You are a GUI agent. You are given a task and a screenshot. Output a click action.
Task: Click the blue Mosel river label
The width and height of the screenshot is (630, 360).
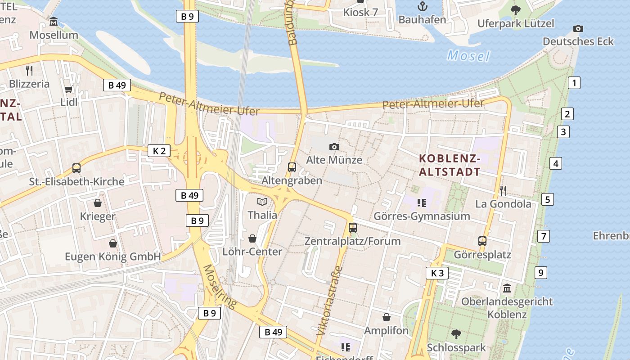[x=468, y=56]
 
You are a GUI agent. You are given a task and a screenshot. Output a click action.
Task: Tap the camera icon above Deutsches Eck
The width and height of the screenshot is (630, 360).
[x=578, y=28]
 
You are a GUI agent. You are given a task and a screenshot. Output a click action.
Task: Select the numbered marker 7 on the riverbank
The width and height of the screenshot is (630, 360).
[x=544, y=236]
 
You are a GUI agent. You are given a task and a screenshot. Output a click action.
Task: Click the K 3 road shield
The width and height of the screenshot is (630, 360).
[x=437, y=273]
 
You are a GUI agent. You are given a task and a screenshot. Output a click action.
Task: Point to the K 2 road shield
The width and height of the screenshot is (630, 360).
[x=159, y=151]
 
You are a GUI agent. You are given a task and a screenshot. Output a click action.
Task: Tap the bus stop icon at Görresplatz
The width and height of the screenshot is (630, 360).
[x=482, y=241]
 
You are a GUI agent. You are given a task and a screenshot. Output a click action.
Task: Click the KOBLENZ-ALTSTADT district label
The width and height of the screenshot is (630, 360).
[x=450, y=165]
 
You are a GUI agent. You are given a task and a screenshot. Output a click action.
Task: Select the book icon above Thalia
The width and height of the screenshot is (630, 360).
[x=262, y=202]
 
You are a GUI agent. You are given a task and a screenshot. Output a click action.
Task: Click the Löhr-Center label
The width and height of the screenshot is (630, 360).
[x=252, y=252]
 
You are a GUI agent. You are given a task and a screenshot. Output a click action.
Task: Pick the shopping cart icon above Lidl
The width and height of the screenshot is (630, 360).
[x=68, y=89]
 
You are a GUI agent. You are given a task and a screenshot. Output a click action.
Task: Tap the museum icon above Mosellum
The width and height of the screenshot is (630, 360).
[x=54, y=22]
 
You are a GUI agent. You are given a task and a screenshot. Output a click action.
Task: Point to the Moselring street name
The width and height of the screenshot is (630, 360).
[x=220, y=287]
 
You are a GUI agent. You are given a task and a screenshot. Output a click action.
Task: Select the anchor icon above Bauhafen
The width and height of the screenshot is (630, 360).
[x=422, y=6]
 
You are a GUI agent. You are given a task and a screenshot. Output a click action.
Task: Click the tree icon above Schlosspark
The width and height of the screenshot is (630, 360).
[x=456, y=334]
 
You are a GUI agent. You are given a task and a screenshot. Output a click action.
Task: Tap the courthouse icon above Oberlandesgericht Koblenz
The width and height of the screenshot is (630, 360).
[x=507, y=288]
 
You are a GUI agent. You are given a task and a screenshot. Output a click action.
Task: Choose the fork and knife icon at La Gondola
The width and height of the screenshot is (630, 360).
[x=503, y=191]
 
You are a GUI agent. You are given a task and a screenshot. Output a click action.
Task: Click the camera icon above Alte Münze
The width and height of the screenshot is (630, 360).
[x=334, y=147]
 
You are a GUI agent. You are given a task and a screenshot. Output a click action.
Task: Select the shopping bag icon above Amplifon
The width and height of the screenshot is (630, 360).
[x=386, y=317]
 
